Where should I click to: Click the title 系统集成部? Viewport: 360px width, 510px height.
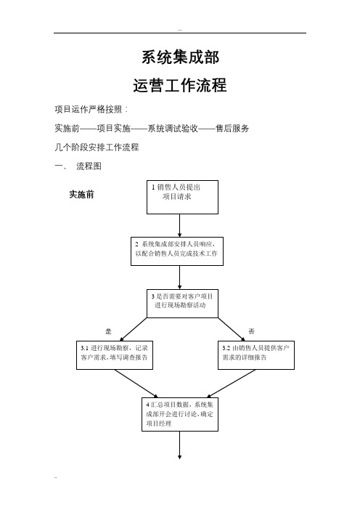pos(180,57)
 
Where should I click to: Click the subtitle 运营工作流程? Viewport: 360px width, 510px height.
pos(180,85)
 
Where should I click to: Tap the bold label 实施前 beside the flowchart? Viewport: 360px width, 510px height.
pos(81,195)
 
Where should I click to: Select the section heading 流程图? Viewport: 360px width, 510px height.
pos(89,166)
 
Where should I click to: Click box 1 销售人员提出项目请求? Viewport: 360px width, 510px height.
pos(182,197)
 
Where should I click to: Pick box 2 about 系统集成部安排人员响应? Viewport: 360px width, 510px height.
pos(177,251)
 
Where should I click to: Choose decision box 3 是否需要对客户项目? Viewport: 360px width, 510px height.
pos(182,303)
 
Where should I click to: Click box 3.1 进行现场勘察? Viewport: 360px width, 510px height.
pos(115,355)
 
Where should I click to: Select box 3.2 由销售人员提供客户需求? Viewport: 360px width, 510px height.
pos(256,355)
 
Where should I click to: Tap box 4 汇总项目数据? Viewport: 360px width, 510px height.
pos(180,414)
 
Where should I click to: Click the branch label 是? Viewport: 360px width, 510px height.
pos(109,331)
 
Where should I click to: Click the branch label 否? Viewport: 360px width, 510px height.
pos(251,331)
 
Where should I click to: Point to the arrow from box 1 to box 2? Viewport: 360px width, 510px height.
pos(180,225)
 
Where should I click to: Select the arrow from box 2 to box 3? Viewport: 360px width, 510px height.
pos(180,278)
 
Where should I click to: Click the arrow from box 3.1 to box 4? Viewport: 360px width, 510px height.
pos(136,384)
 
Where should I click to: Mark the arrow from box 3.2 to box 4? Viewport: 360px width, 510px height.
pos(231,384)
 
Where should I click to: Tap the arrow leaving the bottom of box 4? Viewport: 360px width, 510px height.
pos(180,445)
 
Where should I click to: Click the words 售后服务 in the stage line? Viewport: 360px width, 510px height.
pos(232,128)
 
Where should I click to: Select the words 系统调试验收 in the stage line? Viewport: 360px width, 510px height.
pos(173,128)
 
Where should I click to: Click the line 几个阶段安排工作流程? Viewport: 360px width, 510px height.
pos(97,147)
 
